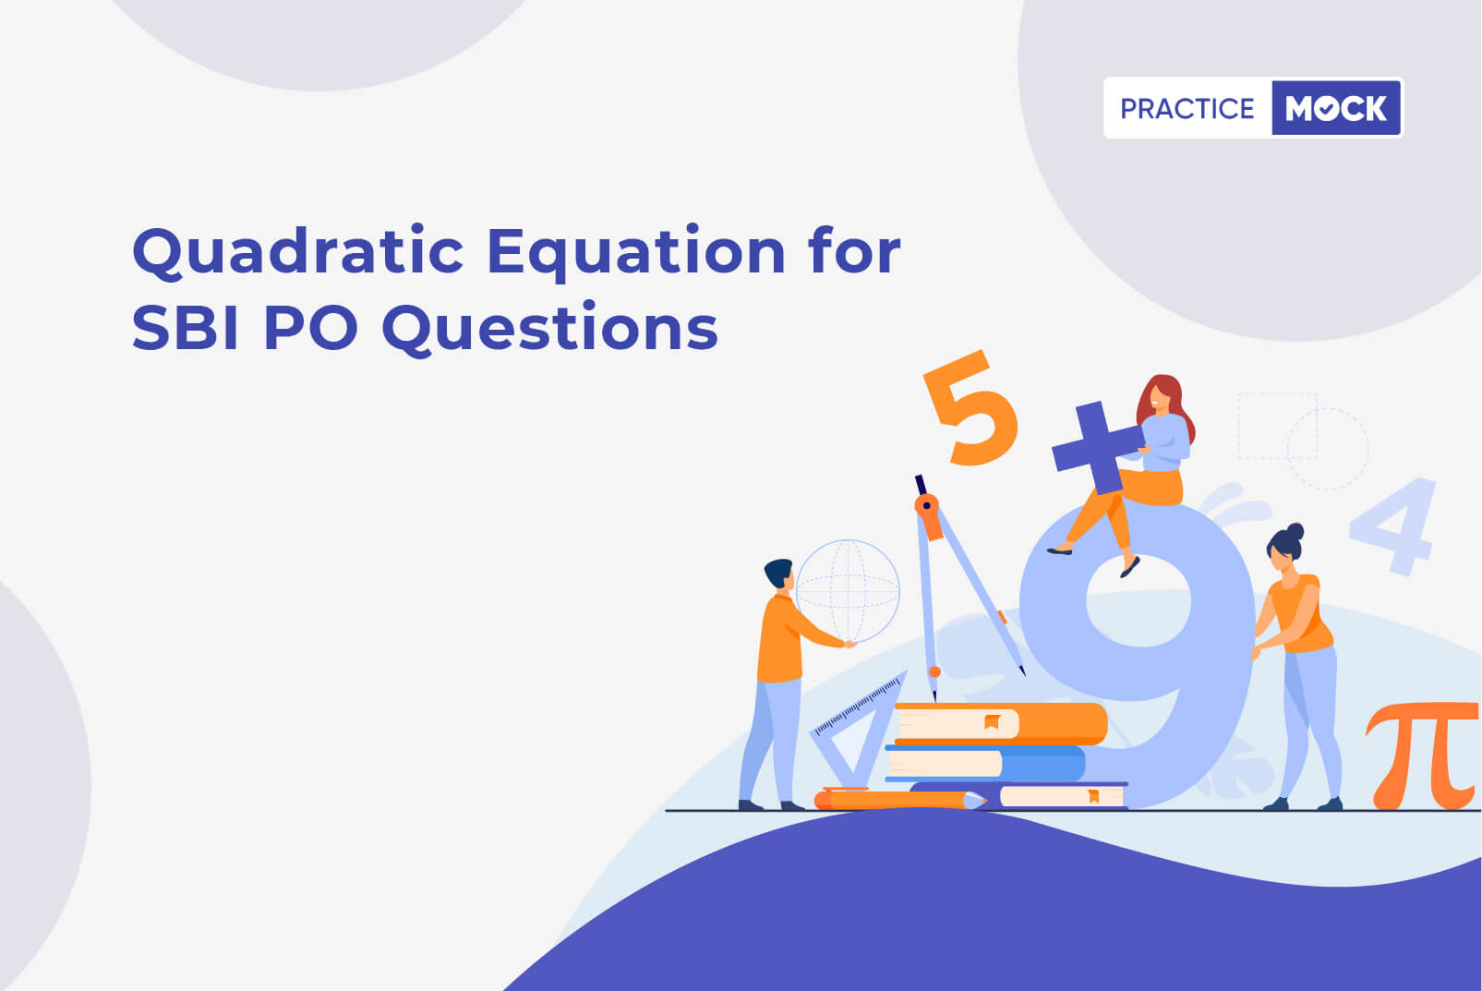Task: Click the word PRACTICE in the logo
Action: click(1187, 108)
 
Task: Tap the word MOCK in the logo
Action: click(1335, 108)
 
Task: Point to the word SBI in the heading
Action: click(185, 327)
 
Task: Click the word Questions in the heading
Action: click(549, 329)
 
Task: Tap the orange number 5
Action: click(970, 407)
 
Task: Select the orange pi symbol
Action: click(1422, 755)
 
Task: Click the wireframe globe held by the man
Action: click(848, 591)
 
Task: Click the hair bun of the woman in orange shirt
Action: click(1295, 532)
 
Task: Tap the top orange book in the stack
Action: click(1000, 723)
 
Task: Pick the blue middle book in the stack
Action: click(986, 763)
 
